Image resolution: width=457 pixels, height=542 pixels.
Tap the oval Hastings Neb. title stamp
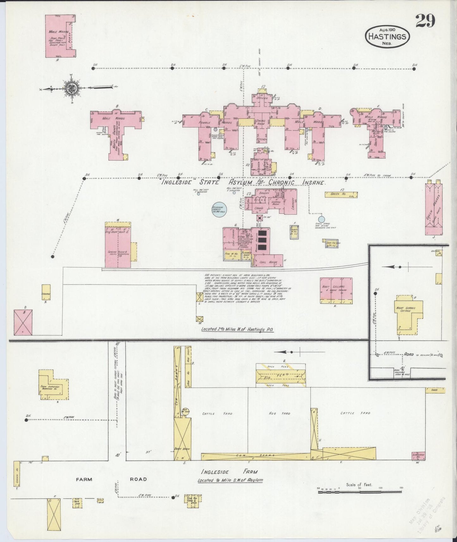[x=388, y=36]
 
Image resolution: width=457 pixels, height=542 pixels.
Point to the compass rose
[x=71, y=88]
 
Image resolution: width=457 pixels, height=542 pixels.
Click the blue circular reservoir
[x=219, y=209]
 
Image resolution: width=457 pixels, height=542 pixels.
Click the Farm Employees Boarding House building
[x=54, y=385]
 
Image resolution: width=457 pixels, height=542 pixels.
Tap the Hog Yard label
[x=279, y=413]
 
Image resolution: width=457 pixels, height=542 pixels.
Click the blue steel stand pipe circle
[x=321, y=219]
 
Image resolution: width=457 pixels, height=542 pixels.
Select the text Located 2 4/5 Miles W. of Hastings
[x=238, y=329]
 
